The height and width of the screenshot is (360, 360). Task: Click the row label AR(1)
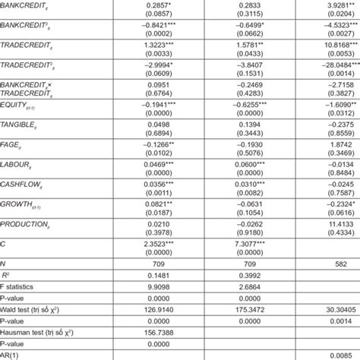[x=10, y=355]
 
